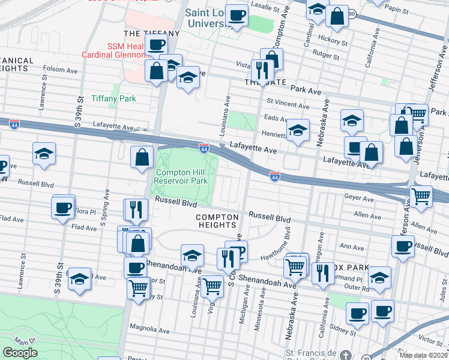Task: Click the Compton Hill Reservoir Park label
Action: point(181,176)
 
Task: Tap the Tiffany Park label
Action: point(113,98)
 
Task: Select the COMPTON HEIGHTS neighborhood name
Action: point(217,220)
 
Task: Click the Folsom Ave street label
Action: point(61,70)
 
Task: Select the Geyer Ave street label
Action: point(360,196)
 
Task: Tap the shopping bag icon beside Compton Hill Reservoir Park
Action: point(142,157)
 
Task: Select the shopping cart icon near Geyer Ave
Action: point(421,195)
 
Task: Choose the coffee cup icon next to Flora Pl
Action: point(62,208)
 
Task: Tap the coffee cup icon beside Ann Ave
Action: point(402,245)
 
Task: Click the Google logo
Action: point(20,352)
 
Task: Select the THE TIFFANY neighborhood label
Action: point(151,33)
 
